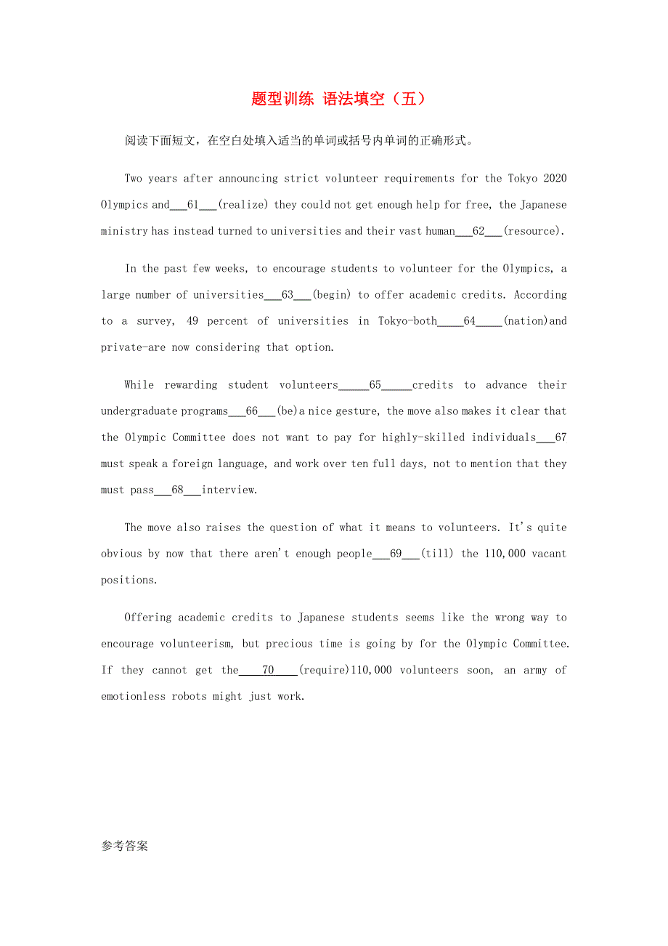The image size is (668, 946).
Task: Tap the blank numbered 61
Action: click(193, 205)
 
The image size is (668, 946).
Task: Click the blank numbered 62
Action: click(478, 231)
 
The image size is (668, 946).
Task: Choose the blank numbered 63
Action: click(288, 295)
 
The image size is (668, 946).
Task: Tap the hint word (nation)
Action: click(526, 321)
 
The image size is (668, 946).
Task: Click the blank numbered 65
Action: click(375, 385)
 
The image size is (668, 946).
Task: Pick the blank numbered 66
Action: click(252, 411)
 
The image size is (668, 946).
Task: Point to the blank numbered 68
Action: click(178, 490)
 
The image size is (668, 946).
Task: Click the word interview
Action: click(229, 490)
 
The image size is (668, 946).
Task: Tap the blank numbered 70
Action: click(268, 670)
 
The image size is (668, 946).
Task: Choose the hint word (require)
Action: click(325, 670)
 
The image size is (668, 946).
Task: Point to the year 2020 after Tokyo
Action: click(555, 179)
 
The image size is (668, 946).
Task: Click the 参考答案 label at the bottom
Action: click(124, 846)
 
